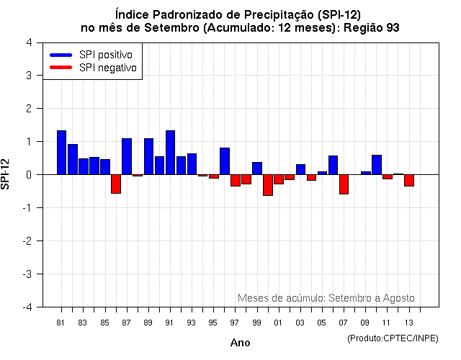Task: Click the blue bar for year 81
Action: coord(61,153)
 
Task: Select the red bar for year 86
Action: coord(116,184)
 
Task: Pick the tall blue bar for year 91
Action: coord(170,153)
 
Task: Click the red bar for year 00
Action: coord(268,185)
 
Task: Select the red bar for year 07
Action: coord(344,184)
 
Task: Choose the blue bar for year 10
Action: coord(377,165)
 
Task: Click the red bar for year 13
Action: coord(409,180)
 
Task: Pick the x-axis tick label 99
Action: coord(256,322)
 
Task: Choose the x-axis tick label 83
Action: coord(83,322)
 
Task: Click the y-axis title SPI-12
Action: coord(6,174)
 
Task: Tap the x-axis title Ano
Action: coord(240,343)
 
